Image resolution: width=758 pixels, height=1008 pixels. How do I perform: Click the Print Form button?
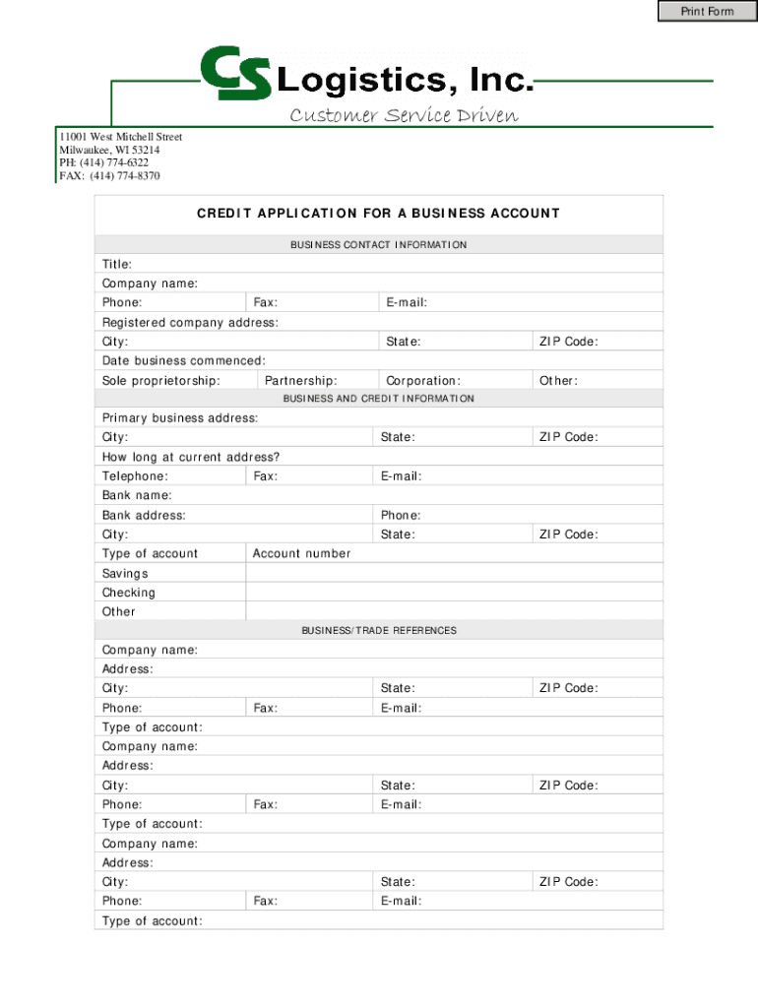(x=707, y=11)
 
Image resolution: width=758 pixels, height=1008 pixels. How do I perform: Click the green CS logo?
(x=235, y=74)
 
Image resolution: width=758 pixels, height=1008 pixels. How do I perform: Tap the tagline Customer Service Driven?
(x=403, y=116)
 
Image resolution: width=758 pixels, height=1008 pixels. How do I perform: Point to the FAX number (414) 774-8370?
(x=109, y=176)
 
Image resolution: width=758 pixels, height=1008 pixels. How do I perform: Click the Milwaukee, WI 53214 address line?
(x=109, y=150)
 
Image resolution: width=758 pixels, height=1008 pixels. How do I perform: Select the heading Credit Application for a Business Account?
(x=378, y=214)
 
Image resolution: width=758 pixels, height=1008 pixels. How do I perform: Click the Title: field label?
(x=117, y=265)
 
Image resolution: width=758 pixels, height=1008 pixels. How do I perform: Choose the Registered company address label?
(x=190, y=323)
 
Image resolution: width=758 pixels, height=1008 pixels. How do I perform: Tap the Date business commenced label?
(x=183, y=361)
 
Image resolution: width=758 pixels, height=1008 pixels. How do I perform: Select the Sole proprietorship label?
(x=160, y=381)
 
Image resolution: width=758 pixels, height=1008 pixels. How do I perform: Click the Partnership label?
(x=301, y=381)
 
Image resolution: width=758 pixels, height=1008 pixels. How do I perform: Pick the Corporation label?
(x=423, y=381)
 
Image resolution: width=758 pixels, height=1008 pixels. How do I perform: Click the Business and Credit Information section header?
(x=378, y=399)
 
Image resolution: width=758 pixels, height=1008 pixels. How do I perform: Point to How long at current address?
(x=191, y=457)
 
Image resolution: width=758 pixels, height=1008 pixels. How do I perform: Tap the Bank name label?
(x=137, y=495)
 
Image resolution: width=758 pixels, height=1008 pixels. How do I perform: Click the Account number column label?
(x=301, y=553)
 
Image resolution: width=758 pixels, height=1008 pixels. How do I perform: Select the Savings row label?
(x=125, y=573)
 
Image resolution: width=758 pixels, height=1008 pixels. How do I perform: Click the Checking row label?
(x=129, y=593)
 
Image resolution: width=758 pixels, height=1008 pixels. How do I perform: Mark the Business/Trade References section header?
(x=378, y=630)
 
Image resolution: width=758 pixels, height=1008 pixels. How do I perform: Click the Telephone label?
(x=135, y=476)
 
